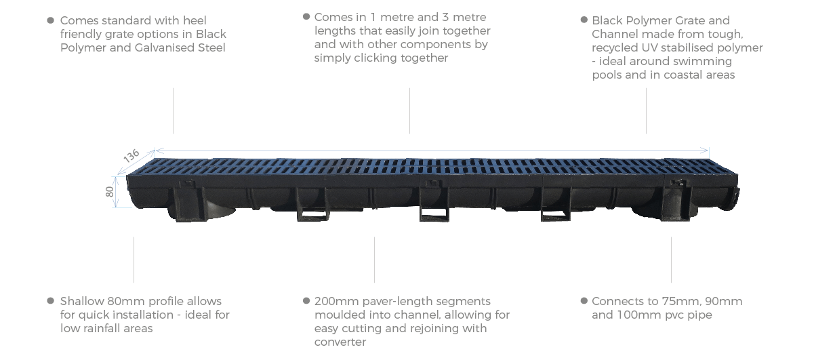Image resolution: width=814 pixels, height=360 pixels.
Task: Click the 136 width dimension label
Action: pos(131,156)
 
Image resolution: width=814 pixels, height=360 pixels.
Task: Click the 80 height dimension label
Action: pos(109,192)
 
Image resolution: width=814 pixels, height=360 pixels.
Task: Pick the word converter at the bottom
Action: pos(340,342)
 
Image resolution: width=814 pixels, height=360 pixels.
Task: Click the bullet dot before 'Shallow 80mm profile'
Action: pos(51,301)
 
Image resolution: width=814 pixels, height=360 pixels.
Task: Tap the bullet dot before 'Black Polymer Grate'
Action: pos(584,20)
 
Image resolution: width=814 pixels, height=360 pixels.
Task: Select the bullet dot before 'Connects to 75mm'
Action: pos(584,301)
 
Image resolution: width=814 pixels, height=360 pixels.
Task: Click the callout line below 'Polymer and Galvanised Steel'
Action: pos(173,111)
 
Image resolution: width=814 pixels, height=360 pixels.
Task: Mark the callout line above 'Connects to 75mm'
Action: pos(671,260)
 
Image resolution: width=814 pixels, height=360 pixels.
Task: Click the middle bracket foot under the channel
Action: pos(434,214)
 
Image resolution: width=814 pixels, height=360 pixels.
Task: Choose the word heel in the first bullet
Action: pos(195,20)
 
